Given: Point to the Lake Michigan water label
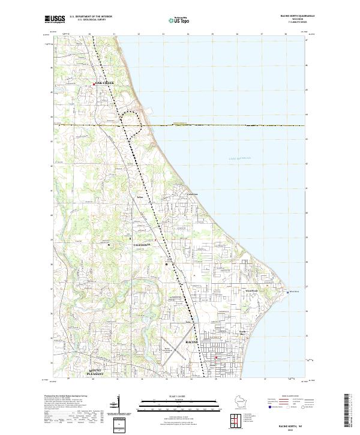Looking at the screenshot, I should pyautogui.click(x=239, y=158).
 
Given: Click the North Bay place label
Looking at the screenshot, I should pyautogui.click(x=242, y=331).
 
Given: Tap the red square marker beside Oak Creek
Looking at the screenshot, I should pyautogui.click(x=94, y=84).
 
